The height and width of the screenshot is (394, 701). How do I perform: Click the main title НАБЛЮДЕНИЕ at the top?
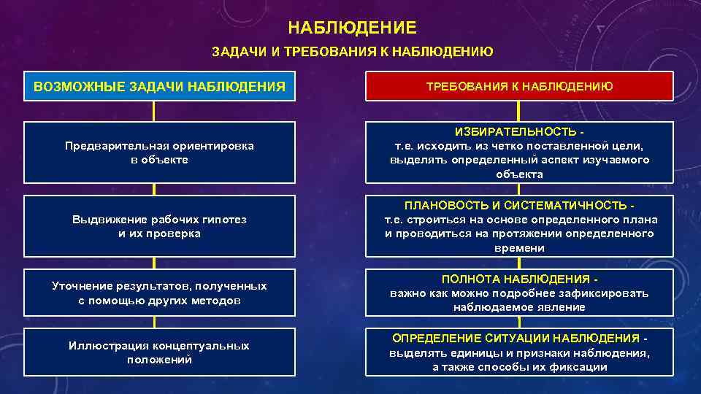(x=352, y=28)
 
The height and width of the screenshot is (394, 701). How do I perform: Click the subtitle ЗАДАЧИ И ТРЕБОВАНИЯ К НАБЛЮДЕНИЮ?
(x=352, y=52)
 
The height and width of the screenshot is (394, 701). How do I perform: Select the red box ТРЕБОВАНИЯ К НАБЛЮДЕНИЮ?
(x=519, y=86)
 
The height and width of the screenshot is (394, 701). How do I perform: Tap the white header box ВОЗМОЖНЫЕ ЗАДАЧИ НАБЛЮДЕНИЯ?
(x=159, y=86)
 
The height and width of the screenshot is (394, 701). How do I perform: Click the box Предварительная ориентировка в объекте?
(x=159, y=152)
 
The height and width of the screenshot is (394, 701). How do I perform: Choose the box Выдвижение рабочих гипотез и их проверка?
(x=159, y=226)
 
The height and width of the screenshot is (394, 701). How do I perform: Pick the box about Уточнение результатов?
(x=159, y=293)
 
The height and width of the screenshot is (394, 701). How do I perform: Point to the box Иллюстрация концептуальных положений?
(x=159, y=352)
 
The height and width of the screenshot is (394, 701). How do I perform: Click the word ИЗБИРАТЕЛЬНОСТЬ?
(x=516, y=131)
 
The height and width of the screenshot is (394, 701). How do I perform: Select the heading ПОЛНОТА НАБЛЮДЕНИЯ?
(x=516, y=279)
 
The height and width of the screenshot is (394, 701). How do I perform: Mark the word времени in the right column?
(x=519, y=248)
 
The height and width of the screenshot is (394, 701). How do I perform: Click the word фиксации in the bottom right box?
(x=585, y=367)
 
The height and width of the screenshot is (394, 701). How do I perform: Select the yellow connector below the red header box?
(x=519, y=111)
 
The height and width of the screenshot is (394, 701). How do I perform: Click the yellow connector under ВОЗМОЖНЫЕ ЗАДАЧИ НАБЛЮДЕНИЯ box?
(x=154, y=111)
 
